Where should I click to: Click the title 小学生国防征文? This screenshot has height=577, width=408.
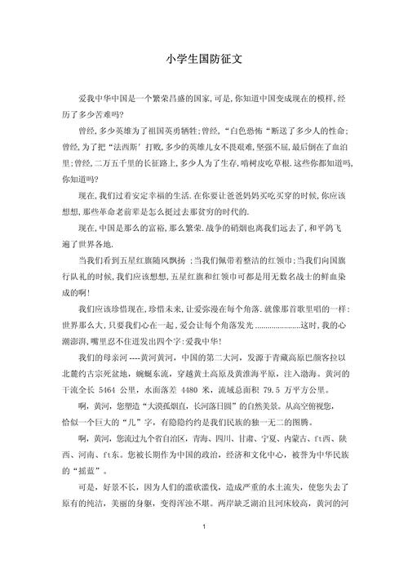pos(204,58)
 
